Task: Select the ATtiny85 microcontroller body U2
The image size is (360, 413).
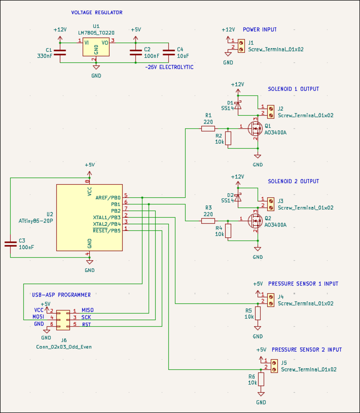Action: point(89,217)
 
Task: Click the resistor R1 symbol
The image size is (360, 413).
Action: point(208,128)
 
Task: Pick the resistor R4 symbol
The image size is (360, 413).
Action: point(228,231)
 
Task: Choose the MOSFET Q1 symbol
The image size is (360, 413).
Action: point(255,128)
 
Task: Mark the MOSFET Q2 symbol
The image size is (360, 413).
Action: point(255,221)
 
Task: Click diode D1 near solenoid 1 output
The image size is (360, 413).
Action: point(239,104)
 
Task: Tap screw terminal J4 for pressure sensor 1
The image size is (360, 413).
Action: point(270,300)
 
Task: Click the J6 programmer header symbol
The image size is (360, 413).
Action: point(63,318)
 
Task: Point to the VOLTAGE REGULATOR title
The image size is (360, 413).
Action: point(97,13)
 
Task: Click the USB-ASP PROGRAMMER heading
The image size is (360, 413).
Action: point(61,295)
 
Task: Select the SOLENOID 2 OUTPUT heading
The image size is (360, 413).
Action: point(293,181)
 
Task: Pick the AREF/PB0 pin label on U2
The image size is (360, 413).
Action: point(108,197)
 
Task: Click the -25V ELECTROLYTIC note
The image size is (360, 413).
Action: point(169,67)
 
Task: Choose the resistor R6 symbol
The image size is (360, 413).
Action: point(261,380)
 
